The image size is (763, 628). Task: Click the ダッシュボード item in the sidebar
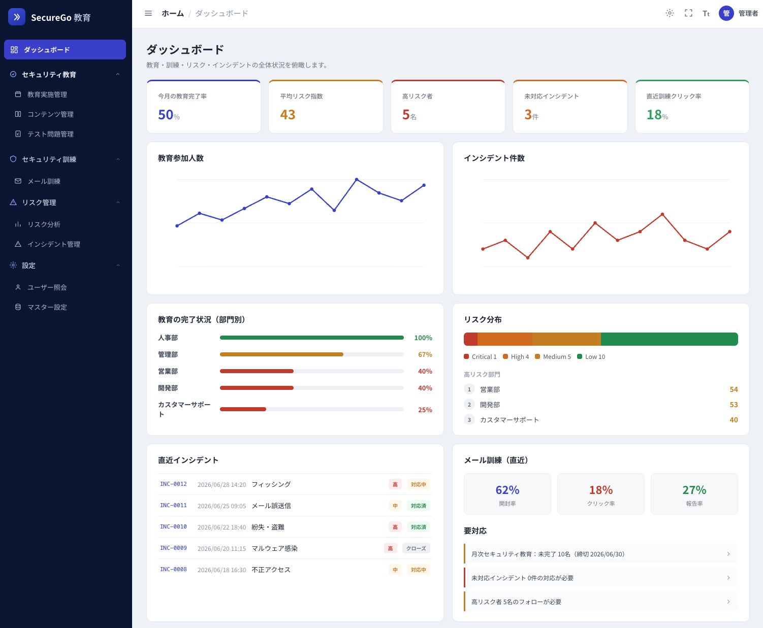click(x=65, y=50)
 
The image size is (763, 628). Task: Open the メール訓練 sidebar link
click(x=44, y=181)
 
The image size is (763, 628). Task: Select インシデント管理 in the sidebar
click(x=53, y=244)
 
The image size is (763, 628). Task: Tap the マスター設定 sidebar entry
click(x=47, y=307)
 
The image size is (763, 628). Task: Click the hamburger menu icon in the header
click(x=148, y=14)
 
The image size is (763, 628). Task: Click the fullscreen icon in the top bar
click(x=688, y=14)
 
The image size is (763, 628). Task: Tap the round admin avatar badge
click(x=726, y=14)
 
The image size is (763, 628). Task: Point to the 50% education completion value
click(x=169, y=115)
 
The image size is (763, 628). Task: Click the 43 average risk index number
click(x=288, y=115)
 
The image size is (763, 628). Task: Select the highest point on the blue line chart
click(x=357, y=179)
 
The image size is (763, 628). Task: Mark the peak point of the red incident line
click(x=662, y=214)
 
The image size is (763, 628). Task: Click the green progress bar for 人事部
click(x=312, y=338)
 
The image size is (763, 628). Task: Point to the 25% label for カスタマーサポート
click(x=425, y=410)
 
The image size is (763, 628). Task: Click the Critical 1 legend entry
click(x=480, y=356)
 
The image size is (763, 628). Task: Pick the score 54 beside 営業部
click(x=734, y=389)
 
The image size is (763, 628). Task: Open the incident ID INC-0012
click(x=173, y=484)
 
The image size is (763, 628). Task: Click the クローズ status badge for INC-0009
click(x=416, y=548)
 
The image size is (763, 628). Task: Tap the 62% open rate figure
click(x=507, y=490)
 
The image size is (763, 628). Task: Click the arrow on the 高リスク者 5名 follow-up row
click(x=728, y=602)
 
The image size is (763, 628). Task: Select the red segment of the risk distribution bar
click(x=471, y=339)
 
